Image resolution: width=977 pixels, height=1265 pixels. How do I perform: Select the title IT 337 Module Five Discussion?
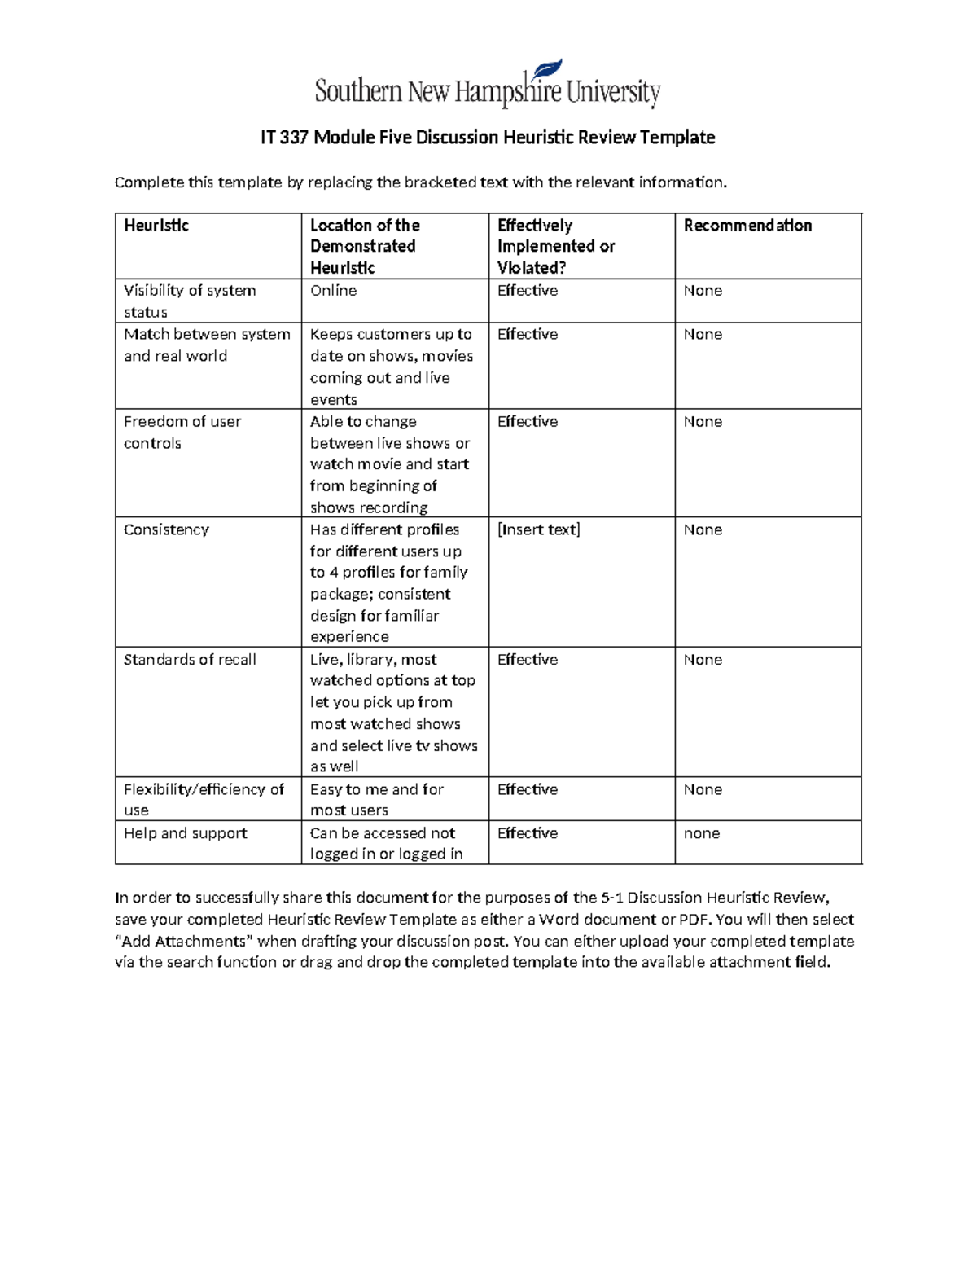click(x=487, y=138)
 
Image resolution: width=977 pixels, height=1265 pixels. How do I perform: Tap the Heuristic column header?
click(x=156, y=226)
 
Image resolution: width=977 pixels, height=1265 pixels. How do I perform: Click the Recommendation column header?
click(x=747, y=226)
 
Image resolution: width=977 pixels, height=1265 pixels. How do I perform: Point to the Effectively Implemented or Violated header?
click(x=556, y=246)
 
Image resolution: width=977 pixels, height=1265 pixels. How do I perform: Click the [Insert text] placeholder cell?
click(x=538, y=529)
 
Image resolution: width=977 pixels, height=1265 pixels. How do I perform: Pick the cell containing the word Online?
click(x=333, y=291)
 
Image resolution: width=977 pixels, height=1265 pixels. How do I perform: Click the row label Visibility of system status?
click(x=190, y=301)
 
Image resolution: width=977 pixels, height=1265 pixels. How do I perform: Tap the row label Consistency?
click(x=166, y=529)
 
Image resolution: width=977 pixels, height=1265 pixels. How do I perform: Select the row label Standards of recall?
click(x=190, y=660)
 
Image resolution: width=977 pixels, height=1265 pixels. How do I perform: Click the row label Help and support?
click(x=186, y=833)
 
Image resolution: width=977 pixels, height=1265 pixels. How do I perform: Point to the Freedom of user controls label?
click(x=182, y=433)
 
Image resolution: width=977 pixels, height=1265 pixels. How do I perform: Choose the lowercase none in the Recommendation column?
click(x=702, y=833)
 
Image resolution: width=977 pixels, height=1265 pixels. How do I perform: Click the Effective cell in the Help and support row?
click(x=528, y=833)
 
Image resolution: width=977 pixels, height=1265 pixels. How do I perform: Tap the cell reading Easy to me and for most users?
click(x=376, y=799)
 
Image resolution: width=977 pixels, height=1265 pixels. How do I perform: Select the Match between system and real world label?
click(x=207, y=345)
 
